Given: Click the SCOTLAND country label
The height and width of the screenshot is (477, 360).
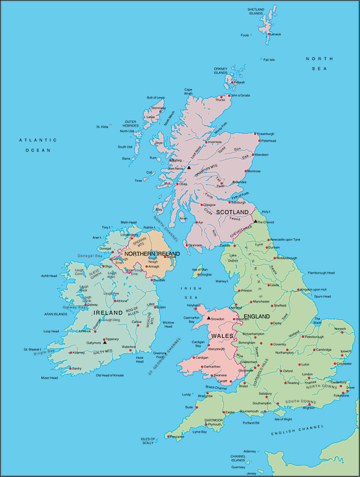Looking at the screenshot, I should [232, 212].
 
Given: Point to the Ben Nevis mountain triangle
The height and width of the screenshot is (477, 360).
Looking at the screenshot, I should [188, 169].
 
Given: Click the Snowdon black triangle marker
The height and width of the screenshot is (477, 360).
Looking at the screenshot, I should [209, 318].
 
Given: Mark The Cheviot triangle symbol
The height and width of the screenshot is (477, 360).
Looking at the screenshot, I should [256, 221].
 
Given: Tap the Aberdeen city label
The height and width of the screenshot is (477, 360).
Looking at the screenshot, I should [262, 155].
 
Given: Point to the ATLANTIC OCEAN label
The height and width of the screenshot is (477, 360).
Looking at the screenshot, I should [38, 145].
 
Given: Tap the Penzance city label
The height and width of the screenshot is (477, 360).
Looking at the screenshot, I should [177, 437].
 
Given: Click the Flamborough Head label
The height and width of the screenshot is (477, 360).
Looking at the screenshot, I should [321, 273].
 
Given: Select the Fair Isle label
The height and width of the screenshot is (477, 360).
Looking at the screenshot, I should [269, 60].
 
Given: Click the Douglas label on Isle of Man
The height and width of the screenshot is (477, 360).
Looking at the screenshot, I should [206, 274].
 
